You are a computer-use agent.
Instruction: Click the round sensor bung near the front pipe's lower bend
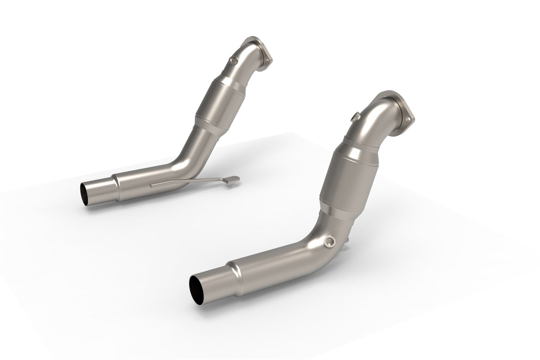(x=330, y=241)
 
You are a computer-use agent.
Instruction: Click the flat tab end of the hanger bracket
(x=232, y=179)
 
